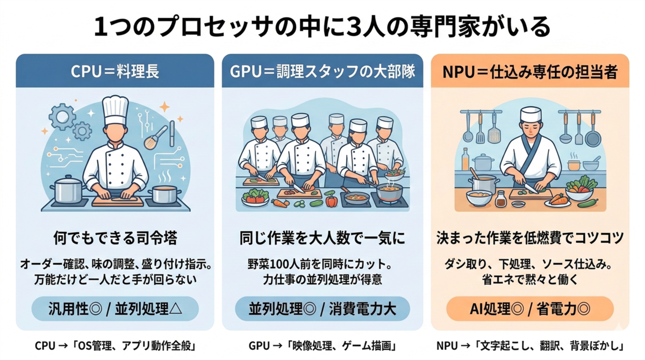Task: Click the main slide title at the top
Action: [322, 27]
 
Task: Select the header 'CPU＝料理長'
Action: [115, 71]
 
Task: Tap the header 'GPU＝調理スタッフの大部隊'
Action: [322, 71]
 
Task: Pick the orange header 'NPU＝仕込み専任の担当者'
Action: [530, 72]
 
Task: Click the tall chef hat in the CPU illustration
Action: [116, 110]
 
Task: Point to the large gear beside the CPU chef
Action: [62, 117]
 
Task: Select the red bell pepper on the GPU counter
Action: [331, 199]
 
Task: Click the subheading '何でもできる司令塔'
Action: [115, 238]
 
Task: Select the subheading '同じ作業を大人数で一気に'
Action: [322, 238]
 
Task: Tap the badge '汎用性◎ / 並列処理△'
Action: [115, 309]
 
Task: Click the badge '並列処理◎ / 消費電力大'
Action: [322, 309]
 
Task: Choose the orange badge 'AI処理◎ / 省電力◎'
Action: [530, 309]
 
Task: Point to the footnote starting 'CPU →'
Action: [115, 345]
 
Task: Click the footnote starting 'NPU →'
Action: [530, 345]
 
